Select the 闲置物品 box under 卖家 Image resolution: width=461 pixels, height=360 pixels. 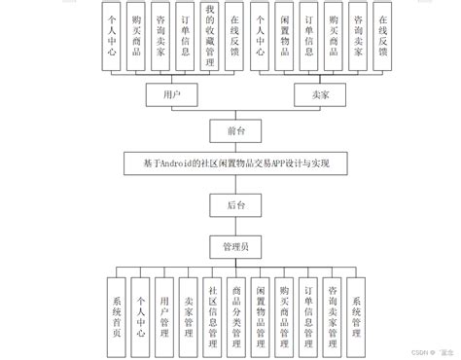tap(283, 36)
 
